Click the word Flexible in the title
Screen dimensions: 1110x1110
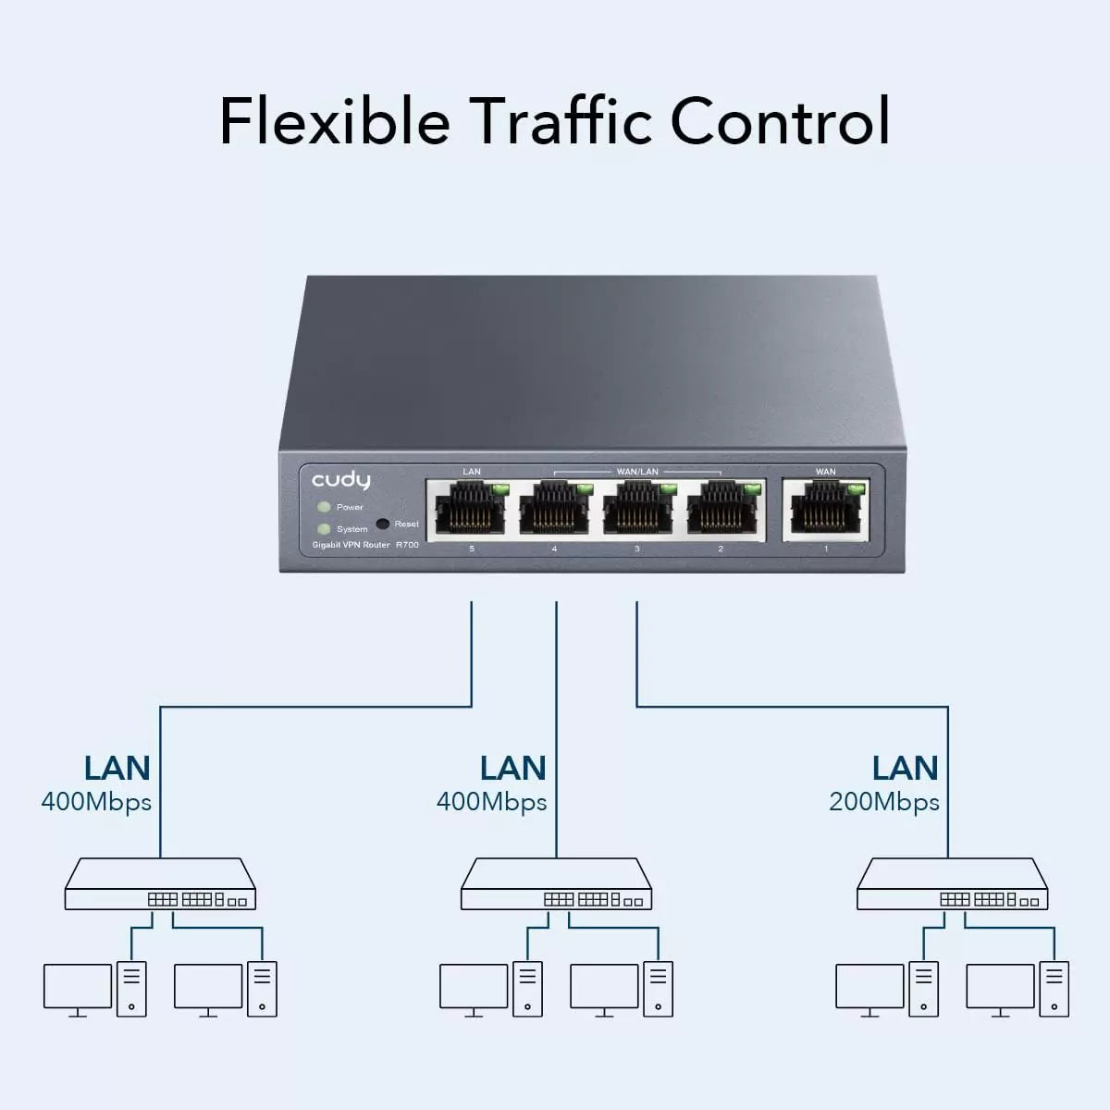334,120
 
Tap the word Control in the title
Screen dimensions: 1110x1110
780,120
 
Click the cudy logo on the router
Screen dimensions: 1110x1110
340,480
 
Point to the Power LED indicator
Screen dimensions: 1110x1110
324,507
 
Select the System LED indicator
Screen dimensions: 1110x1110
324,529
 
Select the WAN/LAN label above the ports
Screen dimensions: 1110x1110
637,472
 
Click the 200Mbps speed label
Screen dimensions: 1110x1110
884,802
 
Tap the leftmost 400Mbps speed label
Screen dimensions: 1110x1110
96,802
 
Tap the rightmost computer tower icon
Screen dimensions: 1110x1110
1054,988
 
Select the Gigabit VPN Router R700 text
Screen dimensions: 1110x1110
365,545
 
